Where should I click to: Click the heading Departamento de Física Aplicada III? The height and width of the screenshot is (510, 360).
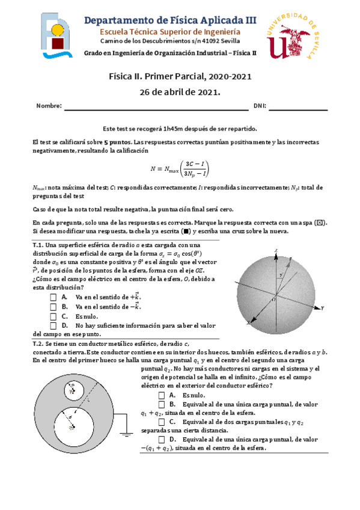(x=170, y=20)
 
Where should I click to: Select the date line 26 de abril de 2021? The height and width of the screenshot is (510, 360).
(x=180, y=92)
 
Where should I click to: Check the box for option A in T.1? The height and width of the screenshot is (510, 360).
(x=54, y=297)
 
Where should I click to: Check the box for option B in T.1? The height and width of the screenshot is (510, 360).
(x=54, y=306)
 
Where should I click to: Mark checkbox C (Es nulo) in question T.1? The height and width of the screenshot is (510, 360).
(x=54, y=316)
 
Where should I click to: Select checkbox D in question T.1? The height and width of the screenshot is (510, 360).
(x=54, y=325)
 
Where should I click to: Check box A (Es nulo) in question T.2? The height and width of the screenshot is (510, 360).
(x=162, y=395)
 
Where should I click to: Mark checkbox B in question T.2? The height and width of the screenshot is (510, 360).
(x=162, y=405)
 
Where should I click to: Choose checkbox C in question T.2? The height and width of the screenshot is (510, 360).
(x=162, y=422)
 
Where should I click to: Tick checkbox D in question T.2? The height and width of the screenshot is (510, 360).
(x=162, y=440)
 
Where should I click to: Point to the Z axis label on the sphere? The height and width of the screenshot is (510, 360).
(x=275, y=250)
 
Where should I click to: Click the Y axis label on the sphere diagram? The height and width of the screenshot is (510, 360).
(x=323, y=307)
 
